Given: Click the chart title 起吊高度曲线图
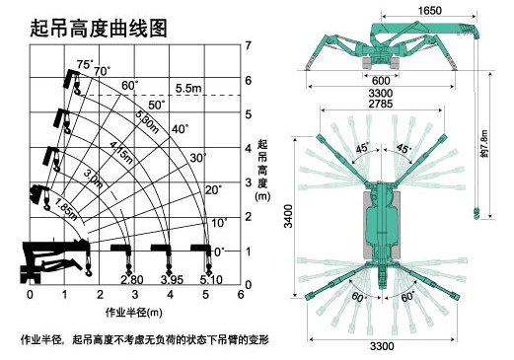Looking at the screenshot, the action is (99, 29).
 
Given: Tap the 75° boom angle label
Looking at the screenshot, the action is (85, 64).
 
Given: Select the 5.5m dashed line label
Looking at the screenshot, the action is (188, 88).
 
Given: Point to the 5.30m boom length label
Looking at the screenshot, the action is (147, 121).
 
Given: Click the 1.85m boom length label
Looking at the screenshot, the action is (66, 209).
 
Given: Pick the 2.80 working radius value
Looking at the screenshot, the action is (132, 280).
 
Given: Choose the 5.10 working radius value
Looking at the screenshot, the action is (211, 280).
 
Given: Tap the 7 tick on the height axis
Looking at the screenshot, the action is (249, 45).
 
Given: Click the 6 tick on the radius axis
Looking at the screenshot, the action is (241, 294).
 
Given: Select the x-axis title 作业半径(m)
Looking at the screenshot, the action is (134, 312).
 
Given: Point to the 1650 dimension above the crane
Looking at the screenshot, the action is (429, 11).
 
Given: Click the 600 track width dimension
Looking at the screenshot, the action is (381, 81).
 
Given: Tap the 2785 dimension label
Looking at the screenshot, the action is (381, 104).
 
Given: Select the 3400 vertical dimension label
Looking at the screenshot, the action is (288, 216).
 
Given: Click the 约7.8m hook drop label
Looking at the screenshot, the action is (483, 143).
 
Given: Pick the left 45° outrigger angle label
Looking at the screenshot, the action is (363, 148).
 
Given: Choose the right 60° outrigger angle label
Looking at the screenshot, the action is (407, 297).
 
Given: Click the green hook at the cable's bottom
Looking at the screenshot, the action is (476, 213).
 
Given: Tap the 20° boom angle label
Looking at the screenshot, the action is (214, 190).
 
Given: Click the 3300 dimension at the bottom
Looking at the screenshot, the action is (382, 346).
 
